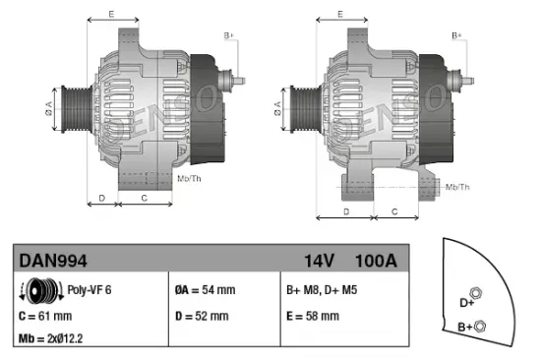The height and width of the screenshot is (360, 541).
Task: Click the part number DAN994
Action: coord(53,261)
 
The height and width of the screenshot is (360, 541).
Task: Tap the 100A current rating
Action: coord(376,261)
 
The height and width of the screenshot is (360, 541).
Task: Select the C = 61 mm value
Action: coord(46,316)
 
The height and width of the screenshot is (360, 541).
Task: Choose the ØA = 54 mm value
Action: coord(207,290)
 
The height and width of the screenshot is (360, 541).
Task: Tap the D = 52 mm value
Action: coord(203,316)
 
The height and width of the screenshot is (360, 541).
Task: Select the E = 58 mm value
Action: coord(313,316)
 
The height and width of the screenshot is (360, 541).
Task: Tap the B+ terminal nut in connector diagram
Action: coord(479,323)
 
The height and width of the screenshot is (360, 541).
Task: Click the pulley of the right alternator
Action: coord(302,102)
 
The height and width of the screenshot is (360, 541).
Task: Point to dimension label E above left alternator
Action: coord(110,14)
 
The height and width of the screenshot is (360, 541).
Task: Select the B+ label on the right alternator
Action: coord(456,36)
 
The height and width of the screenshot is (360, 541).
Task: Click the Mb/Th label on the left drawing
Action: coord(189,178)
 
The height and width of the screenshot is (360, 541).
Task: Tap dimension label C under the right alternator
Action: coord(393,211)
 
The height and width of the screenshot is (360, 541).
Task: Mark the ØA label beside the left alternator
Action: coord(48,102)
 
